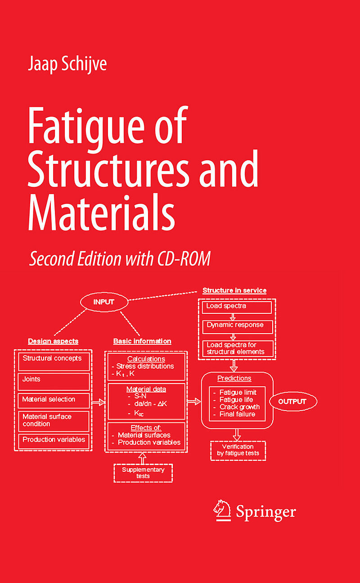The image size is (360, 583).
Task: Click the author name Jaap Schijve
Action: [67, 64]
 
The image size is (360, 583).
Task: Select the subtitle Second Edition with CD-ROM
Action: [120, 259]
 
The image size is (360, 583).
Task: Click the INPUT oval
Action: [103, 302]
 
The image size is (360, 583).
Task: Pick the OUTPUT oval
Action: [293, 402]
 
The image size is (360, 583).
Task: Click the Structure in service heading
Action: [234, 290]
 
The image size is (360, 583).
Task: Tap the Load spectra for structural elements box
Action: [238, 348]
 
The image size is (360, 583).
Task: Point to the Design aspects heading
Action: [53, 341]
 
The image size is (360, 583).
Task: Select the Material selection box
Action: [54, 400]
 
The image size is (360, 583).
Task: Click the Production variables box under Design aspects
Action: [54, 440]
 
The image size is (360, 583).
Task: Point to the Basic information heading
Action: [142, 341]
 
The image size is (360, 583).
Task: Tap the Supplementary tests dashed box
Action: [143, 473]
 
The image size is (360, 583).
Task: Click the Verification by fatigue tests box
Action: [238, 450]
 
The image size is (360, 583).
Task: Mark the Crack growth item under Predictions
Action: [239, 407]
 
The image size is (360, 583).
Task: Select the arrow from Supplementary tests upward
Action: [143, 458]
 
